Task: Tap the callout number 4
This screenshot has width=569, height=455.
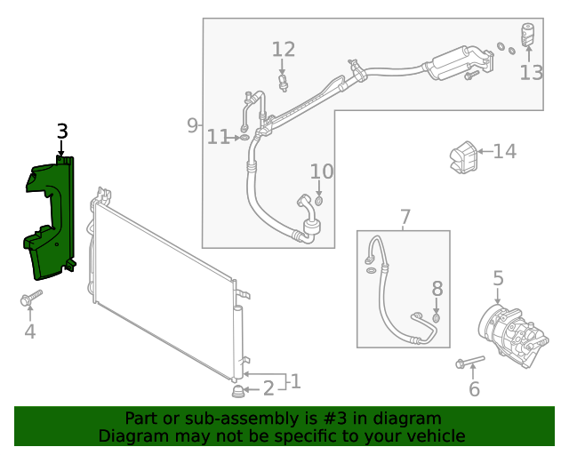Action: click(29, 331)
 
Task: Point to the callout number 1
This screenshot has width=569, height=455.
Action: click(295, 381)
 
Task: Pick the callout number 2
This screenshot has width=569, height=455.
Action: click(268, 388)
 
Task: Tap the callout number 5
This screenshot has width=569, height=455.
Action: click(498, 278)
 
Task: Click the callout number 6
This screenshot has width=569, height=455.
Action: click(474, 388)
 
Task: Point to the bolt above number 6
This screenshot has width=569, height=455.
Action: click(469, 362)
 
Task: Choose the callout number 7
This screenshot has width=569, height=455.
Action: click(405, 217)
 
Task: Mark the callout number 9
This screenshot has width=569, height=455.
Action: click(192, 125)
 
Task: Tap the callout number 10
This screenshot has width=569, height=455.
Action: click(321, 171)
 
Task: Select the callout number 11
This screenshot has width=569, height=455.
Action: click(218, 137)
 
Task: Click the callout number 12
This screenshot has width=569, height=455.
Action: click(283, 49)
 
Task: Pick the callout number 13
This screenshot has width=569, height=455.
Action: click(531, 72)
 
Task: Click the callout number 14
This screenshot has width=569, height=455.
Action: click(504, 152)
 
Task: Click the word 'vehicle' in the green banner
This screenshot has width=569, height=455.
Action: click(434, 436)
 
